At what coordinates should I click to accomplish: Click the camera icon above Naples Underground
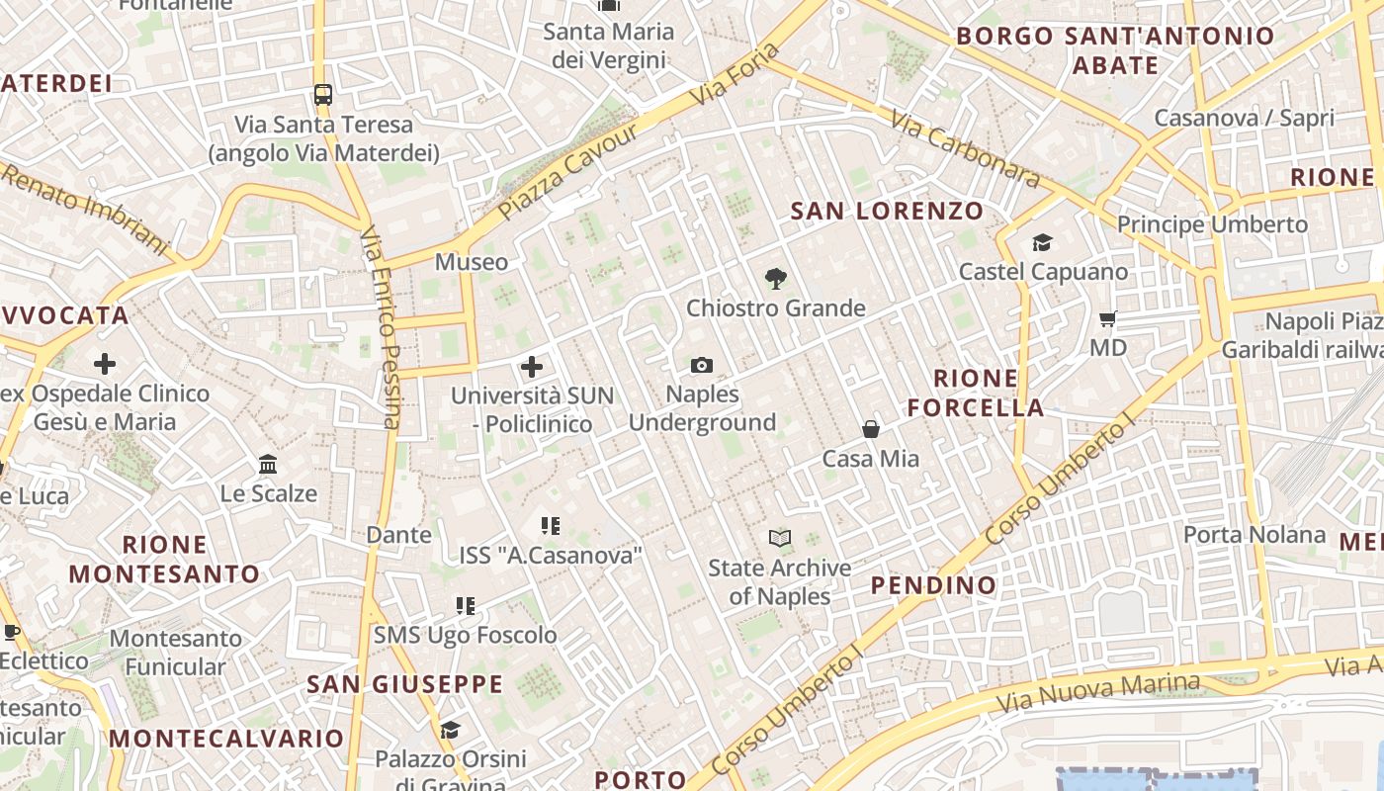[x=702, y=366]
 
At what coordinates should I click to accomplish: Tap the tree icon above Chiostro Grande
[x=776, y=279]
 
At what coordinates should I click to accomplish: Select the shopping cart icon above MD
[x=1108, y=319]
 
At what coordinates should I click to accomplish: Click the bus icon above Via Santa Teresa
[x=323, y=95]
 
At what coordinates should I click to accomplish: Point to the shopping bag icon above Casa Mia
[x=871, y=429]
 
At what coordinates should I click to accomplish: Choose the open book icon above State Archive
[x=780, y=539]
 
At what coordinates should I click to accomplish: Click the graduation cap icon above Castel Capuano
[x=1042, y=243]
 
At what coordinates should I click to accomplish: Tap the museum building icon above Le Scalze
[x=268, y=464]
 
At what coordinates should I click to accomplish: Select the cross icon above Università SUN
[x=532, y=368]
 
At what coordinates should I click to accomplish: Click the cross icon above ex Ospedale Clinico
[x=105, y=364]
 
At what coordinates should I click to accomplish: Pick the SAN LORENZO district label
[x=888, y=211]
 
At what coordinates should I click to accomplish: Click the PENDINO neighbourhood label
[x=933, y=585]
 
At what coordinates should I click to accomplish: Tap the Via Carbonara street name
[x=965, y=148]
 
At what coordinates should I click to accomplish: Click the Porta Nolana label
[x=1254, y=535]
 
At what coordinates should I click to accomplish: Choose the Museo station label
[x=472, y=262]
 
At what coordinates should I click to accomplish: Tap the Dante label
[x=398, y=535]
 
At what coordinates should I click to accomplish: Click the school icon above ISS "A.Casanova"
[x=551, y=526]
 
